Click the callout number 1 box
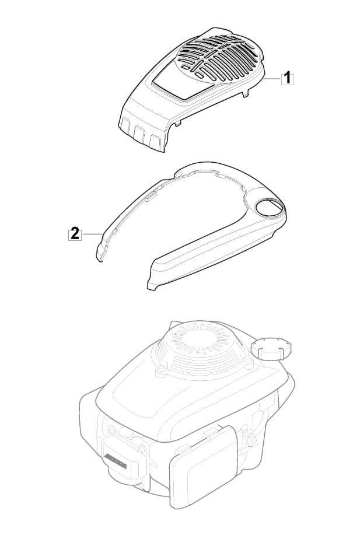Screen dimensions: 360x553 (x=288, y=78)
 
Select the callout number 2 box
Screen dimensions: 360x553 (x=75, y=234)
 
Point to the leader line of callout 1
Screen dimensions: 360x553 (x=273, y=78)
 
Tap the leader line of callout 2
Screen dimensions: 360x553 (x=92, y=234)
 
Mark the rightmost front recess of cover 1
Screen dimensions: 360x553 (x=155, y=141)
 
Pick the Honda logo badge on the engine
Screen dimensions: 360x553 (x=114, y=461)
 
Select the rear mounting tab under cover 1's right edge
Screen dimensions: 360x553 (x=246, y=92)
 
